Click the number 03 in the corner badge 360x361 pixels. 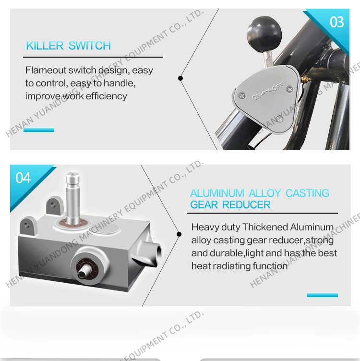click(x=337, y=23)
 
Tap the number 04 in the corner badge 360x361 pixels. click(x=23, y=178)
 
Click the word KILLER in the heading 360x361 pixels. click(x=45, y=46)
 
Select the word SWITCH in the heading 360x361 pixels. click(x=90, y=46)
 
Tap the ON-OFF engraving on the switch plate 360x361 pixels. click(x=267, y=92)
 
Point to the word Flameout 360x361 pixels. click(x=45, y=70)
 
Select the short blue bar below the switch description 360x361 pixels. click(x=39, y=130)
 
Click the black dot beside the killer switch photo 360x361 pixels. click(x=180, y=78)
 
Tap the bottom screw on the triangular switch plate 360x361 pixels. click(x=280, y=119)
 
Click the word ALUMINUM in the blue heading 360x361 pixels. click(x=217, y=193)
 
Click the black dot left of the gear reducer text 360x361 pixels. click(x=179, y=234)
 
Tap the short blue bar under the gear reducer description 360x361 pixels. click(x=323, y=295)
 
